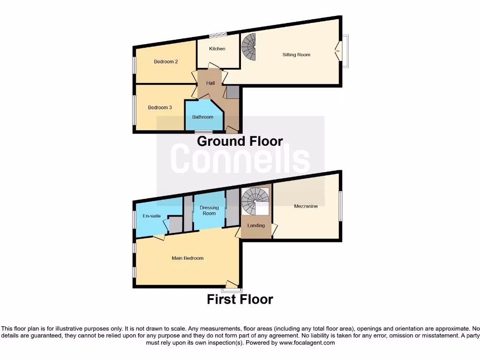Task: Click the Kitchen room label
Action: pyautogui.click(x=217, y=49)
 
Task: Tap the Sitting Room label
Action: pyautogui.click(x=296, y=55)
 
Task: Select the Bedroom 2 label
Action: pyautogui.click(x=166, y=62)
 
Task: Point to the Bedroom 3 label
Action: pyautogui.click(x=160, y=108)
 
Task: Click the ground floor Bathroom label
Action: pyautogui.click(x=202, y=117)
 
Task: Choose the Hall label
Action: pyautogui.click(x=210, y=83)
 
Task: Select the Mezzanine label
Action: pyautogui.click(x=306, y=206)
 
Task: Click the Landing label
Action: pyautogui.click(x=256, y=225)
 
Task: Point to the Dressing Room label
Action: pyautogui.click(x=209, y=210)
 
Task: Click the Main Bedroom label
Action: pyautogui.click(x=187, y=258)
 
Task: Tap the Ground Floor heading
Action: pyautogui.click(x=240, y=141)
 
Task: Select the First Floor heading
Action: pyautogui.click(x=240, y=299)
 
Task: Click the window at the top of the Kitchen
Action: pyautogui.click(x=217, y=35)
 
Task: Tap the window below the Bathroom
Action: pyautogui.click(x=203, y=132)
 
